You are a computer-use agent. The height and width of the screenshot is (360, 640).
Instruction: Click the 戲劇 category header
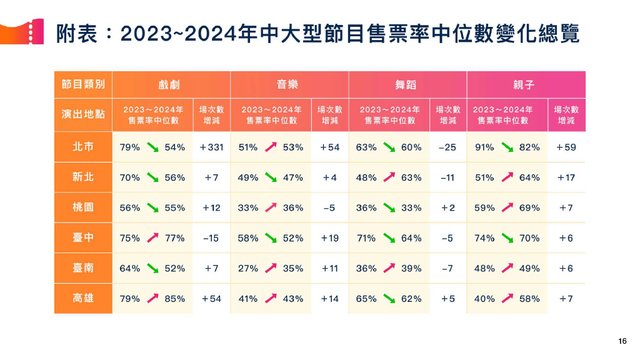tap(169, 84)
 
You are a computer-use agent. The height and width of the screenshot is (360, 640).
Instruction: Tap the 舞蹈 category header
tap(406, 84)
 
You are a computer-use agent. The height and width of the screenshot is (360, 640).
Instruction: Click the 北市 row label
tap(82, 147)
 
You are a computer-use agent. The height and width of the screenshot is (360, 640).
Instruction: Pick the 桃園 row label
tap(82, 207)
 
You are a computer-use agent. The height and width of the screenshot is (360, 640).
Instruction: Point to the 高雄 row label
tap(82, 299)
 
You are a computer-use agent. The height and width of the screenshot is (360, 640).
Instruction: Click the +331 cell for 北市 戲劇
tap(211, 147)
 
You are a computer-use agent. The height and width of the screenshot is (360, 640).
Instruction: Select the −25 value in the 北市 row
tap(447, 147)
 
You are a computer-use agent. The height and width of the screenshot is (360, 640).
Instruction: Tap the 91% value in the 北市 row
tap(484, 147)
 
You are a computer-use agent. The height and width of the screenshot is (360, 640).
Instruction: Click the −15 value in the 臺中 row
tap(211, 238)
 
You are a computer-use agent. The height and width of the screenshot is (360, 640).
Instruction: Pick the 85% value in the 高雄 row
tap(175, 299)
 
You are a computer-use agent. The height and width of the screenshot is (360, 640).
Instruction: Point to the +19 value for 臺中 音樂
tap(329, 238)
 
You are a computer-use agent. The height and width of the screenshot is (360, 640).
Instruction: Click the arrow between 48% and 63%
tap(389, 177)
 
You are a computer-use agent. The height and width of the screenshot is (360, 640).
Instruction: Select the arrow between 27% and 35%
tap(271, 268)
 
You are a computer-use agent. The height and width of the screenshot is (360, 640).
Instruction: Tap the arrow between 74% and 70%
tap(507, 238)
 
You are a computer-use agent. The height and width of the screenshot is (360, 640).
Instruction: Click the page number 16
tap(622, 341)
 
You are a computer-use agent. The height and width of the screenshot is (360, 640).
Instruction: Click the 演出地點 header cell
tap(82, 114)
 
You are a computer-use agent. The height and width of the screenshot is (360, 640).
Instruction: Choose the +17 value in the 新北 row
tap(566, 177)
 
